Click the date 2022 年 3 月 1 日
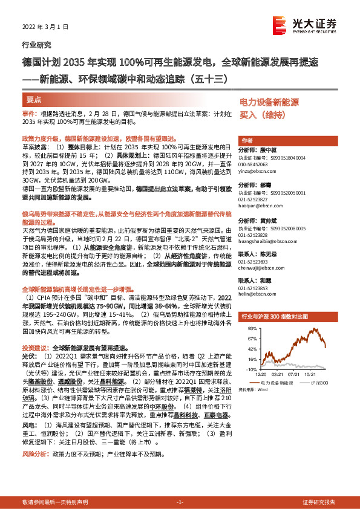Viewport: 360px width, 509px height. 45,27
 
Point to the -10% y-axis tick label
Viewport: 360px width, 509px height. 249,368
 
